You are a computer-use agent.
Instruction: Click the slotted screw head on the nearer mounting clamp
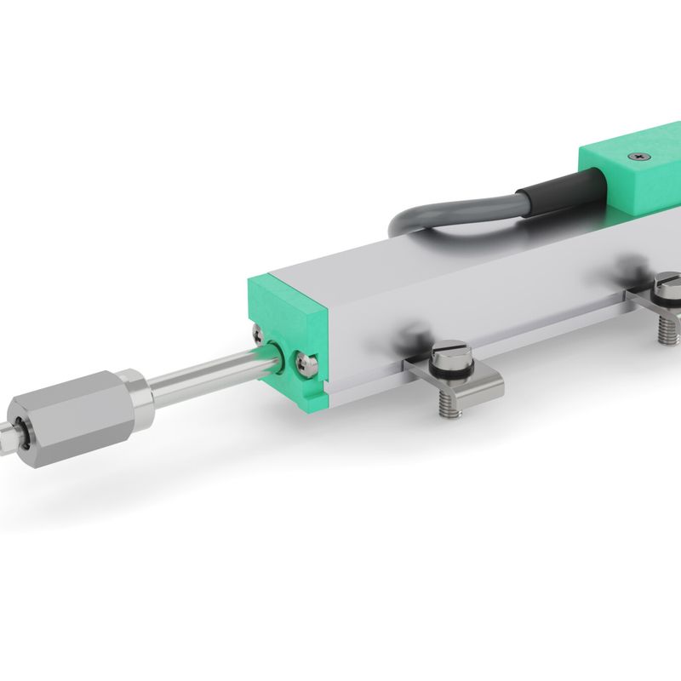449,351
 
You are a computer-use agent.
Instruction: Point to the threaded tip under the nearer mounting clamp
449,409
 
